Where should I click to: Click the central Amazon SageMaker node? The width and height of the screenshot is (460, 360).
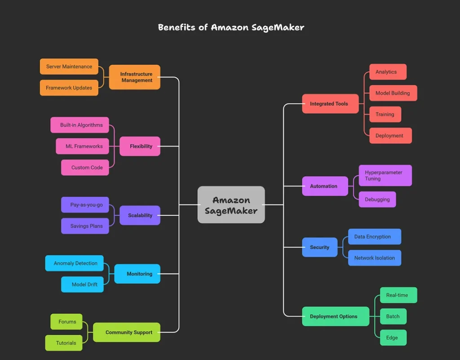pyautogui.click(x=231, y=205)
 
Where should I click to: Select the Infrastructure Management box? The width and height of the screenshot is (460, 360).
pyautogui.click(x=134, y=77)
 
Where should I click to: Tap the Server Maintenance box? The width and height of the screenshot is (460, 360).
pyautogui.click(x=69, y=67)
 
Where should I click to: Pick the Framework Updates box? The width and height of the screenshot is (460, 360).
pyautogui.click(x=69, y=88)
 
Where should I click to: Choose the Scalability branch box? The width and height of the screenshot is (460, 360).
pyautogui.click(x=140, y=215)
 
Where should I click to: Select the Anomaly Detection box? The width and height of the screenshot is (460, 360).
pyautogui.click(x=75, y=263)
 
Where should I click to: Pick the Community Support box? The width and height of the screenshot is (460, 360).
pyautogui.click(x=128, y=333)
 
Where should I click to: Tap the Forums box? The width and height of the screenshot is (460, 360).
pyautogui.click(x=67, y=322)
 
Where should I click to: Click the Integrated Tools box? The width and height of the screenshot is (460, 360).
pyautogui.click(x=329, y=104)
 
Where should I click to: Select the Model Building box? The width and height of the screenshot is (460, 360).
pyautogui.click(x=393, y=93)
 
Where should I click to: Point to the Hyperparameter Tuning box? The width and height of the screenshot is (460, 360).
pyautogui.click(x=385, y=175)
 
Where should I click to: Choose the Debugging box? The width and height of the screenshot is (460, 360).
pyautogui.click(x=377, y=200)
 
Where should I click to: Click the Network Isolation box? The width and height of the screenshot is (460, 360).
pyautogui.click(x=374, y=258)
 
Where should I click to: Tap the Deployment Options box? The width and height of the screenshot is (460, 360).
pyautogui.click(x=334, y=316)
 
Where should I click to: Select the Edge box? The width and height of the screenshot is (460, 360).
pyautogui.click(x=392, y=338)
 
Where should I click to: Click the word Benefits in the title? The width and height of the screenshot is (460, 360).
pyautogui.click(x=177, y=27)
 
